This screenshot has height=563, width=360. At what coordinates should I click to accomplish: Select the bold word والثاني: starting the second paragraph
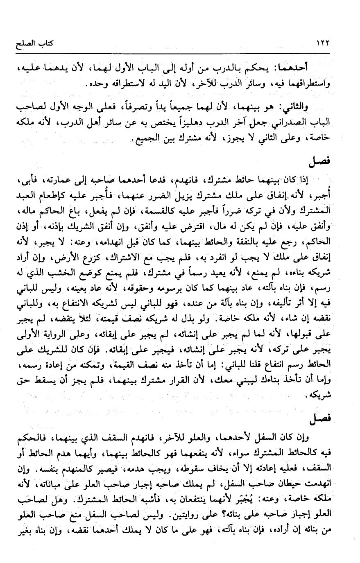pos(291,107)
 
